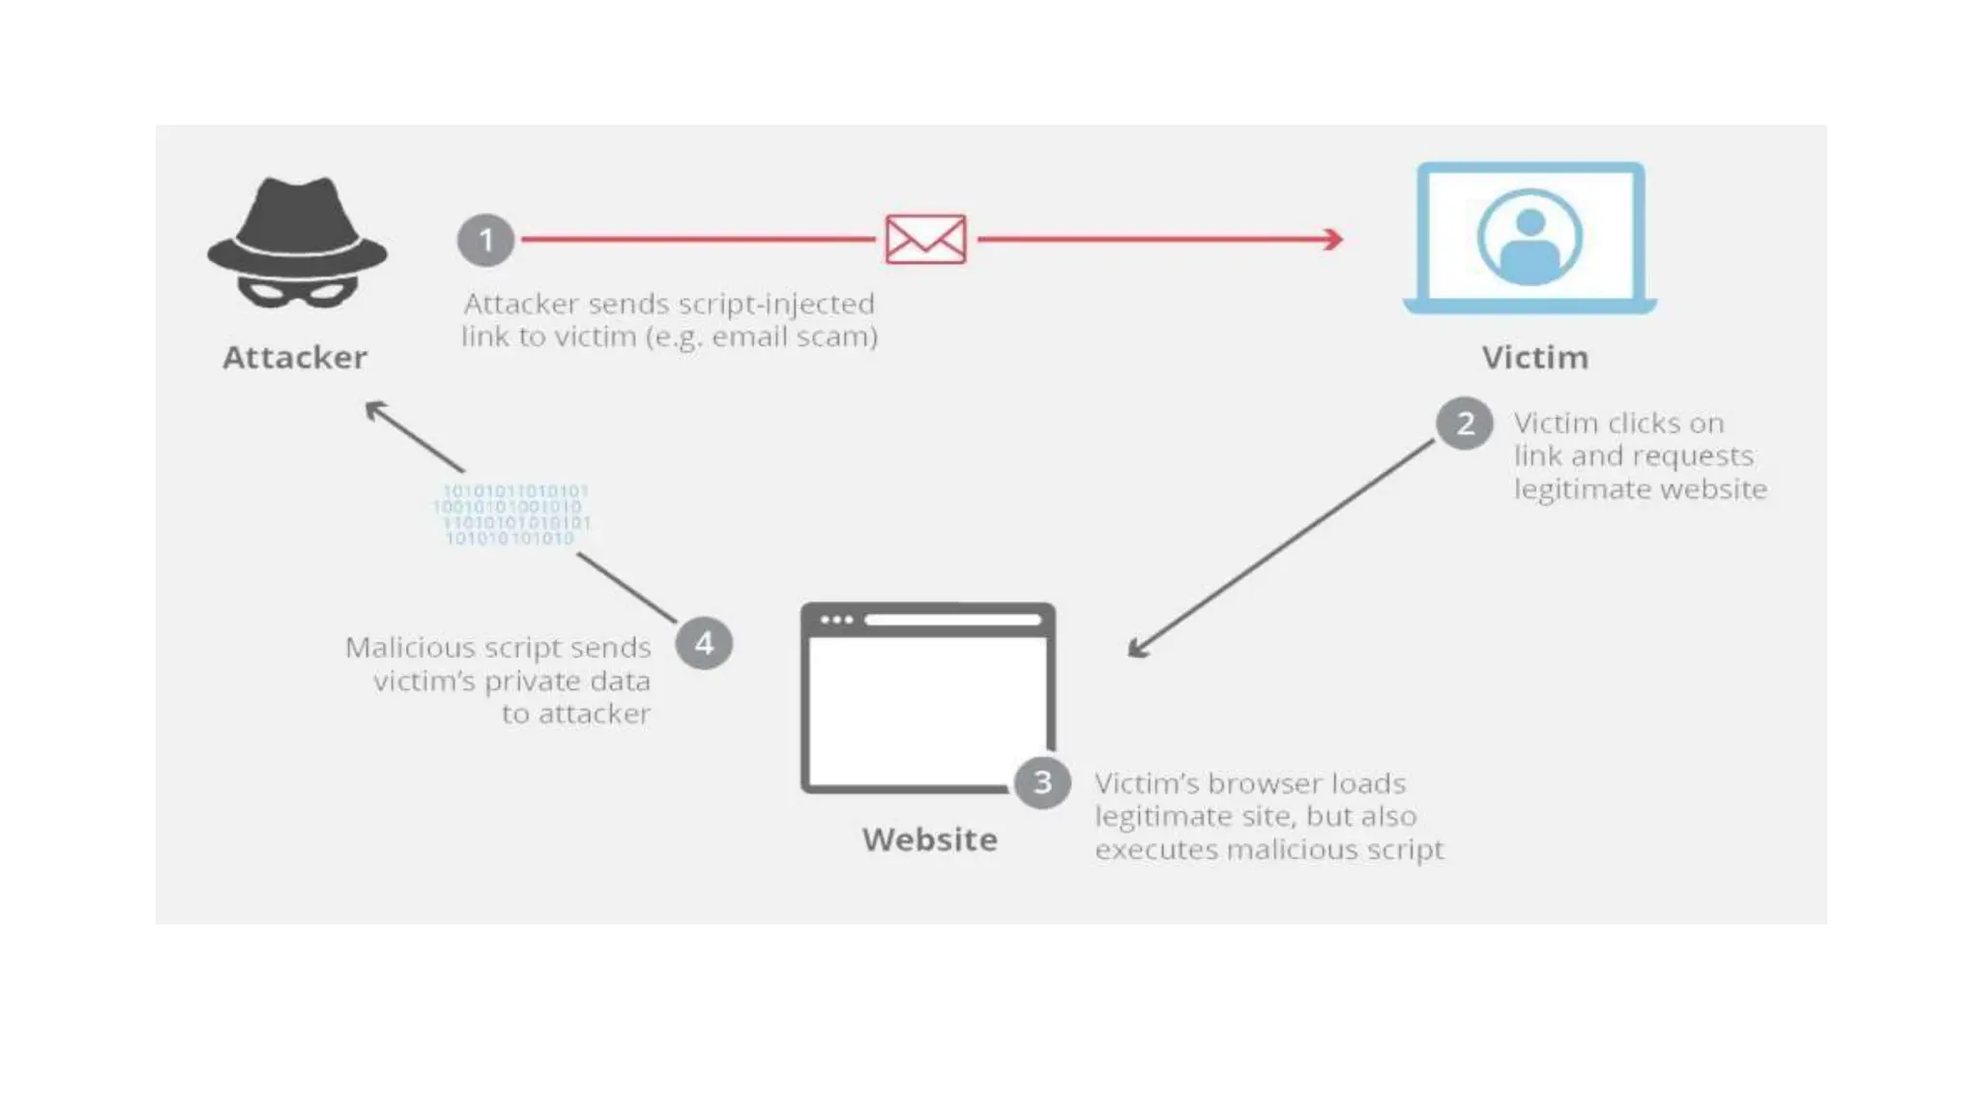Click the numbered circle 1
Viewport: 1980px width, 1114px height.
pos(485,240)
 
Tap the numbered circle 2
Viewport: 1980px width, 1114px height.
pos(1465,424)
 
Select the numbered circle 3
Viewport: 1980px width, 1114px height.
pos(1042,782)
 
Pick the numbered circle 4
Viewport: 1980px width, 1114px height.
pos(704,643)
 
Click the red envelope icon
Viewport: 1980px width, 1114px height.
pos(925,239)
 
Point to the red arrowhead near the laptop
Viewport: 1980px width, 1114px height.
pos(1334,239)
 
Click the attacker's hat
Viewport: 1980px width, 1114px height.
pos(297,227)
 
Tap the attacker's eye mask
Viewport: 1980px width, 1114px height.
pos(297,290)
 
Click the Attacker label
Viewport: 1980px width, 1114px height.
pos(295,358)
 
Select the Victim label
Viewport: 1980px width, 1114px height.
pos(1534,358)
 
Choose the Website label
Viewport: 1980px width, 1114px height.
pos(929,839)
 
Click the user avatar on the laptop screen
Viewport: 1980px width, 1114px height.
pos(1529,238)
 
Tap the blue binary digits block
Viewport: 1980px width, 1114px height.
pos(511,514)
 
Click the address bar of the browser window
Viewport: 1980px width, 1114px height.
pos(952,620)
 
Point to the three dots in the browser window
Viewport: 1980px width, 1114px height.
pos(836,620)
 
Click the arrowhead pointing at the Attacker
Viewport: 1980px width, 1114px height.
pos(374,409)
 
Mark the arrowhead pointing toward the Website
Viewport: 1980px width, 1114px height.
pos(1137,650)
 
